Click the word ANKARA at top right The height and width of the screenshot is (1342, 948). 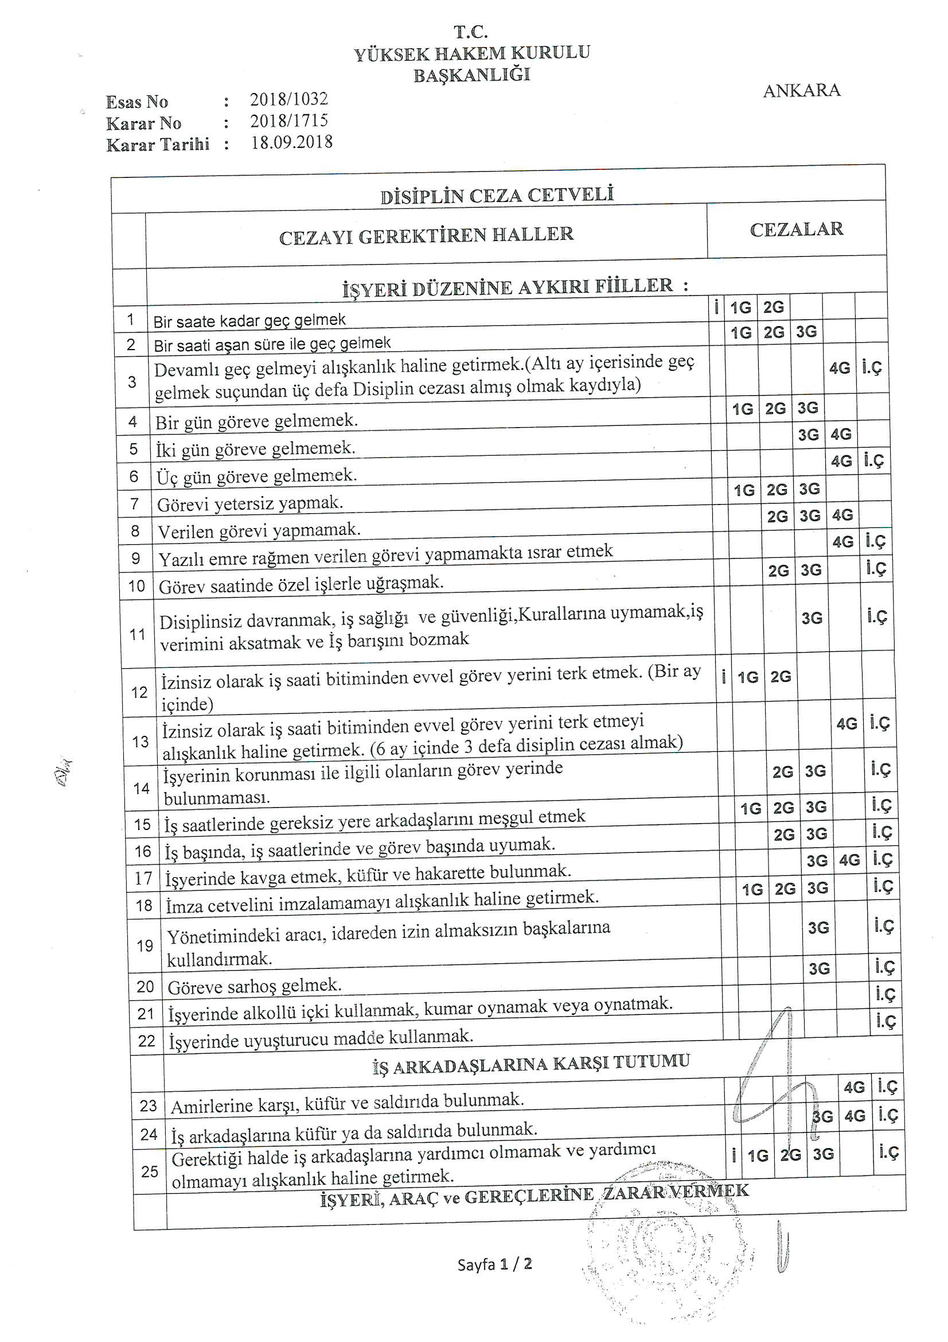tap(801, 91)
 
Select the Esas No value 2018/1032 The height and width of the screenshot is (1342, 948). tap(289, 99)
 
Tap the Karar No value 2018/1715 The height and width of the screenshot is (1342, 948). tap(289, 121)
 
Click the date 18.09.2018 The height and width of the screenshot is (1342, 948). tap(291, 142)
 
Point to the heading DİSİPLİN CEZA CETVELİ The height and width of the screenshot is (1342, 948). tap(497, 195)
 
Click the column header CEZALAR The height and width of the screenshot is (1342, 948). tap(796, 229)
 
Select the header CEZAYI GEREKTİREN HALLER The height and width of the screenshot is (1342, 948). tap(426, 235)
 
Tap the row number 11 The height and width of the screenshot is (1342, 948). tap(137, 634)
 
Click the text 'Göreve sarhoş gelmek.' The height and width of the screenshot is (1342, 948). tap(255, 986)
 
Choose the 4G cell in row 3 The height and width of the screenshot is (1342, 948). tap(840, 368)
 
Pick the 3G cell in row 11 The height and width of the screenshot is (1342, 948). tap(812, 618)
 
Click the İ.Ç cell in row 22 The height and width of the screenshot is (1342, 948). tap(885, 1021)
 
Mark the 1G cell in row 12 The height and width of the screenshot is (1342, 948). tap(748, 677)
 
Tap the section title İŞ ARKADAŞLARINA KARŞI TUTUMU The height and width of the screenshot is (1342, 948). tap(531, 1064)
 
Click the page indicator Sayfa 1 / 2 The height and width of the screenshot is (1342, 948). tap(494, 1265)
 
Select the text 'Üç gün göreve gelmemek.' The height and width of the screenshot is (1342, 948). tap(256, 476)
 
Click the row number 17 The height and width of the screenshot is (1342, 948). tap(143, 878)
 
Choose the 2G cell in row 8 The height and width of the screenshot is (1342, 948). tap(777, 516)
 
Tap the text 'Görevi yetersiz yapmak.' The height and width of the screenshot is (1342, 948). tap(250, 503)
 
